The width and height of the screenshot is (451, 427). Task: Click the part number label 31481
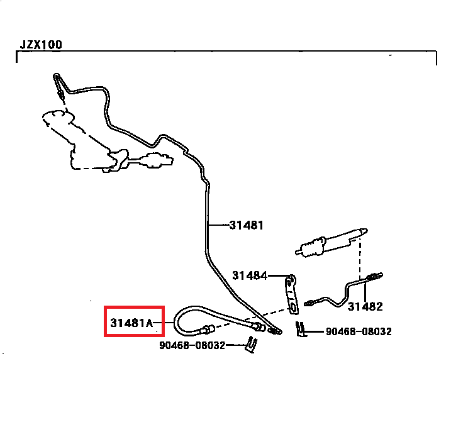click(246, 225)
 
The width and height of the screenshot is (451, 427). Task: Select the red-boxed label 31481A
click(132, 324)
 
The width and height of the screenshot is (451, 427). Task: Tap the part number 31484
click(249, 275)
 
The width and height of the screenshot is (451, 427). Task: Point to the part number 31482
click(365, 307)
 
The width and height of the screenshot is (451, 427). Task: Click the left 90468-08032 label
click(192, 345)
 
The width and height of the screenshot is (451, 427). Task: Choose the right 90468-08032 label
click(359, 331)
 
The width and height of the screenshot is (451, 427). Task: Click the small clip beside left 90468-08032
click(252, 344)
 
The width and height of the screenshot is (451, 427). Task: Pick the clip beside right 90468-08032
click(301, 329)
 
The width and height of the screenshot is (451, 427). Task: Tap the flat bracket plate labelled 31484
click(291, 292)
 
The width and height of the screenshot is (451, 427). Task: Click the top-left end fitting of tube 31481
click(59, 86)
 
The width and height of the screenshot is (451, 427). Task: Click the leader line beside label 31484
click(277, 275)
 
